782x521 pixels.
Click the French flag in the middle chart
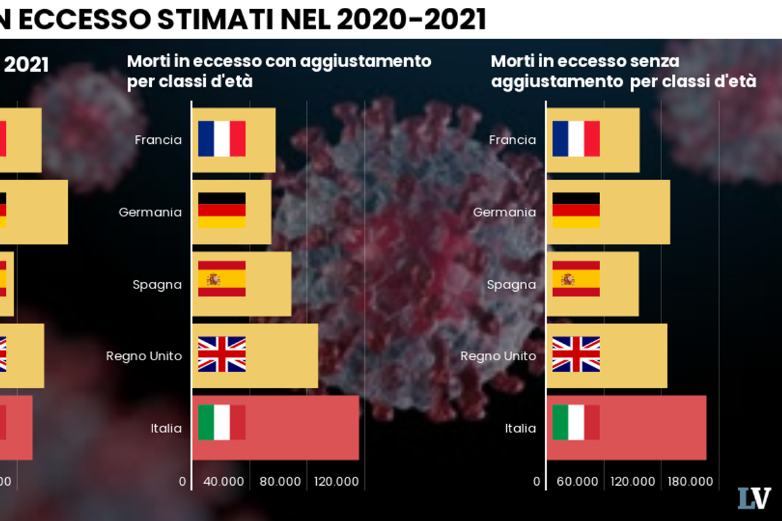coord(222,139)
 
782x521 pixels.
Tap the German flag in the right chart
coord(576,210)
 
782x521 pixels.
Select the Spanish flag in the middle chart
coord(222,279)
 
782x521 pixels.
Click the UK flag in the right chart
coord(576,354)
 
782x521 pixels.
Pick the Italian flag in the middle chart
coord(222,422)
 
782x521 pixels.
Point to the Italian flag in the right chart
coord(576,422)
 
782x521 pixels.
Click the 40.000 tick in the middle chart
coord(224,482)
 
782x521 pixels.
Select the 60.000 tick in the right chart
coord(577,482)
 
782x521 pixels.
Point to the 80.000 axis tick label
coord(280,482)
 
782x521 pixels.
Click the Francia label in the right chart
coord(512,140)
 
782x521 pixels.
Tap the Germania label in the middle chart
coord(150,212)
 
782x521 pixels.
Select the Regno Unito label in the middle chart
coord(144,356)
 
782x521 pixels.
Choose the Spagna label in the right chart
coord(512,285)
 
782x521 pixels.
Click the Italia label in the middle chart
coord(166,429)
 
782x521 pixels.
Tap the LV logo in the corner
coord(754,498)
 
